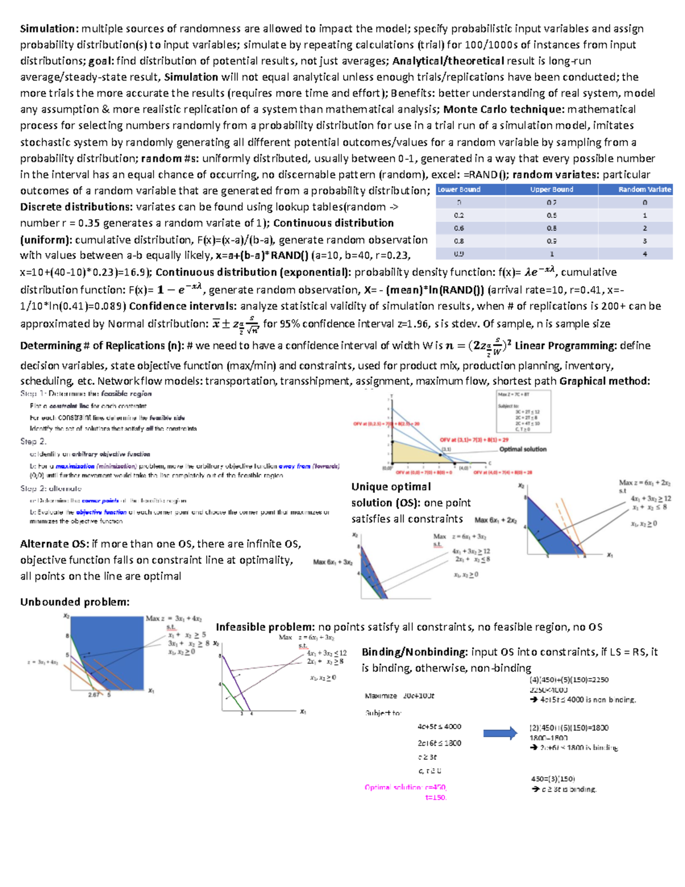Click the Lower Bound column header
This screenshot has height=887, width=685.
(x=460, y=190)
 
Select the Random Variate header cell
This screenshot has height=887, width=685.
(x=644, y=190)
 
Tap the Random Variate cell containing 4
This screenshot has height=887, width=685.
(x=644, y=254)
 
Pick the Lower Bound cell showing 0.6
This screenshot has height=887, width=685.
(x=459, y=228)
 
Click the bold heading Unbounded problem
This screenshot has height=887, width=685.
(x=75, y=602)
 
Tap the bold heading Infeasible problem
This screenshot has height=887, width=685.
(x=265, y=627)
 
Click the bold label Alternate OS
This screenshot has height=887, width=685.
(x=54, y=544)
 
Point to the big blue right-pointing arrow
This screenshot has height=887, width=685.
(x=500, y=733)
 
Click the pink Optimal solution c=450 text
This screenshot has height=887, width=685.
(x=405, y=787)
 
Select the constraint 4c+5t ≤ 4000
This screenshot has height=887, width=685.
(x=439, y=727)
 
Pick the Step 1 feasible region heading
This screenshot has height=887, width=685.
(x=86, y=394)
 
